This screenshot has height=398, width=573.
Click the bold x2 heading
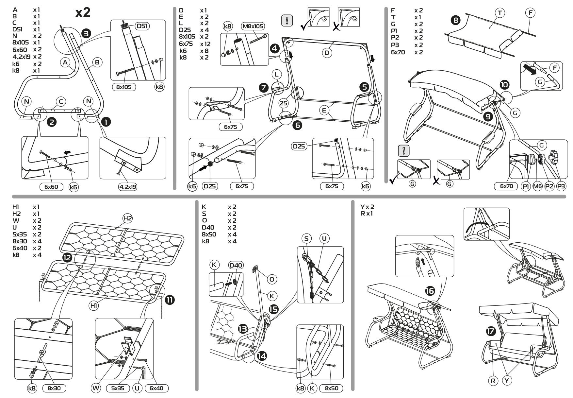(83, 13)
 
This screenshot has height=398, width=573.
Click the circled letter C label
(60, 101)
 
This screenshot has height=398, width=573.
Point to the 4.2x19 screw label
(128, 187)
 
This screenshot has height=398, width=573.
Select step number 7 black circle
(263, 88)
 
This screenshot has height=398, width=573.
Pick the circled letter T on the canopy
(500, 13)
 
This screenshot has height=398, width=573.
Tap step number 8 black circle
(456, 20)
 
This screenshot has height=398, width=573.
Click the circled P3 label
(561, 186)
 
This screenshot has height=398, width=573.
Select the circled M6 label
(537, 186)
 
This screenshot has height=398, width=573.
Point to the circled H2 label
(127, 218)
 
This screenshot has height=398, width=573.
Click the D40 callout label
(236, 265)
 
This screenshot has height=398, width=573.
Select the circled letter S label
(306, 238)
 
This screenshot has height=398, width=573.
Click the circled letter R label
(493, 381)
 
